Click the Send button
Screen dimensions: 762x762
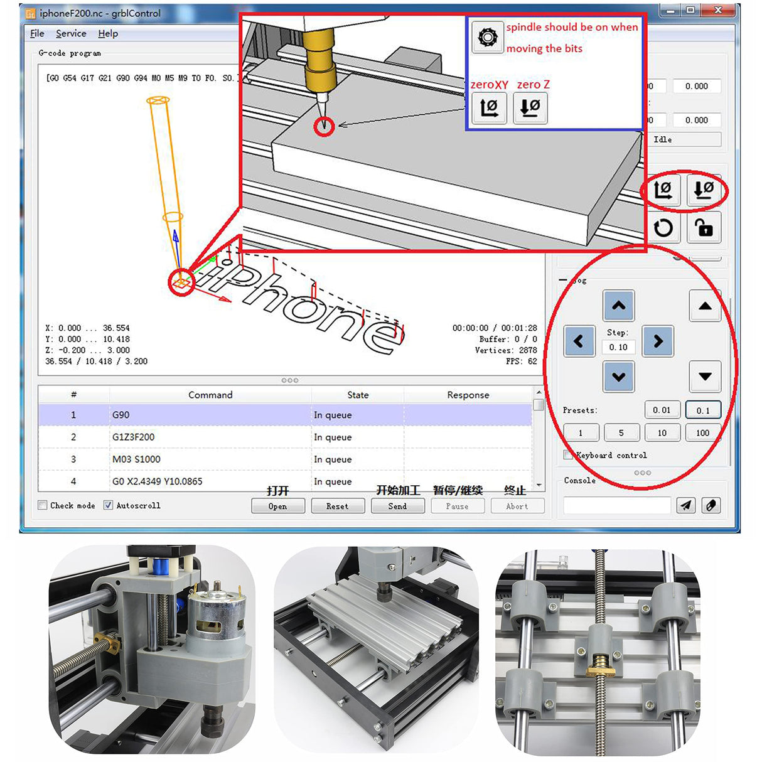click(x=397, y=506)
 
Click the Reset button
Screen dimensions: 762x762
click(x=337, y=506)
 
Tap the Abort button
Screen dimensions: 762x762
click(x=517, y=506)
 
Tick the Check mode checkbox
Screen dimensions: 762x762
click(x=43, y=505)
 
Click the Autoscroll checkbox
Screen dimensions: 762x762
click(x=108, y=505)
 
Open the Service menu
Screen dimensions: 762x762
click(x=71, y=33)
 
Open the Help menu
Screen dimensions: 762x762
click(x=108, y=33)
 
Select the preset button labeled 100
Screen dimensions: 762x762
click(x=702, y=432)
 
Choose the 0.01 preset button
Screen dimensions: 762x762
click(x=662, y=410)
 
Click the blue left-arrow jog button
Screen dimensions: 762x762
click(x=579, y=341)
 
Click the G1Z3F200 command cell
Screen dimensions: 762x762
click(x=134, y=437)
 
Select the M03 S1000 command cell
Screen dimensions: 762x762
click(x=136, y=459)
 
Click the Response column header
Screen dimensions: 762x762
click(x=468, y=395)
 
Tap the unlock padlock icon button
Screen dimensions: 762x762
click(x=704, y=228)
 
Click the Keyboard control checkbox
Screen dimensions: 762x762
click(x=569, y=455)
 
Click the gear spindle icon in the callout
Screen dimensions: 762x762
click(x=488, y=37)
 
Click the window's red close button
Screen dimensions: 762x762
click(x=719, y=11)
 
